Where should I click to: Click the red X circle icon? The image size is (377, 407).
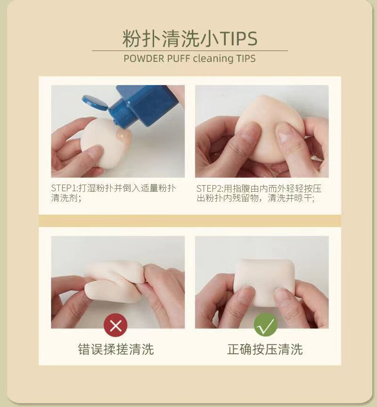point(115,325)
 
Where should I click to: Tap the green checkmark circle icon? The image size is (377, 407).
point(266,325)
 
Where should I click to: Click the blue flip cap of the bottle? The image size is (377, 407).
point(95,102)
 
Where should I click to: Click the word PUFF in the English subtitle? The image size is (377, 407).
point(179,59)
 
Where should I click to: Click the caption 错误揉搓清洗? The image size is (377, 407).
point(116,349)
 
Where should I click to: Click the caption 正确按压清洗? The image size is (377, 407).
point(265,349)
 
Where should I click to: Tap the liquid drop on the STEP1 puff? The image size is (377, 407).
point(124,137)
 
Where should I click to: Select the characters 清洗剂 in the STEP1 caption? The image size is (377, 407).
point(64,198)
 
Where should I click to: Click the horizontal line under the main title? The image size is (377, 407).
point(189,51)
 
